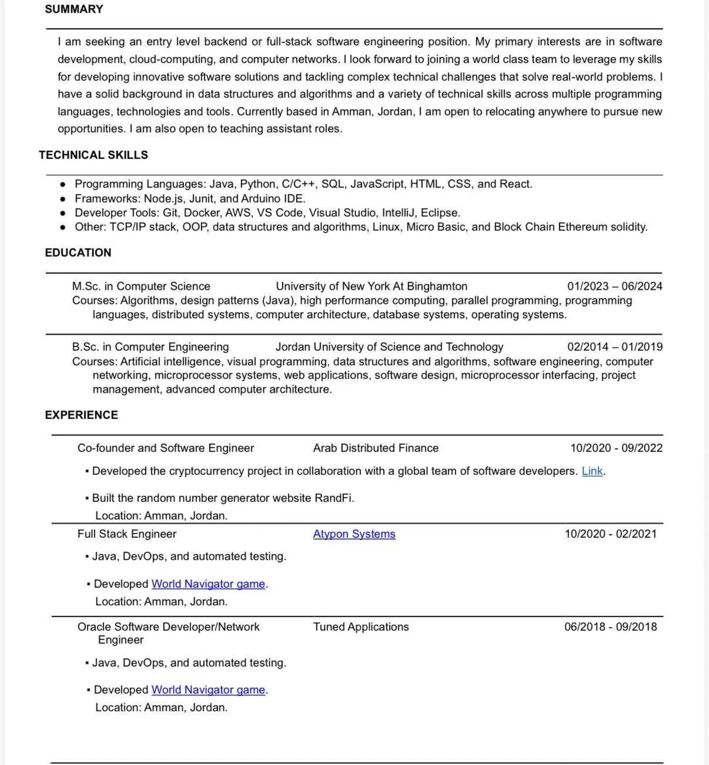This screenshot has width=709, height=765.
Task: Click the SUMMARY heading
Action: coord(74,9)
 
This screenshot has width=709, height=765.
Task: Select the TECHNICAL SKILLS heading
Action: coord(93,155)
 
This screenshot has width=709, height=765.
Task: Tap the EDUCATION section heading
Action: coord(78,252)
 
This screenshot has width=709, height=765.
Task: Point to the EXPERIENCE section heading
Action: coord(82,415)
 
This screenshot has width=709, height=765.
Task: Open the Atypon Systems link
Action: coord(354,534)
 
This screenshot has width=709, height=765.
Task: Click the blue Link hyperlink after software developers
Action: coord(592,471)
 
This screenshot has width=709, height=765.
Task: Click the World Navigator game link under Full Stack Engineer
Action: coord(208,584)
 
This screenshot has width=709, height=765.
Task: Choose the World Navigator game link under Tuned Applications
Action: coord(208,690)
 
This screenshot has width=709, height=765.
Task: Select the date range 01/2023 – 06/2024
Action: coord(614,286)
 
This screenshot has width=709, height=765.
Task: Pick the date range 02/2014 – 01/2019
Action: coord(614,347)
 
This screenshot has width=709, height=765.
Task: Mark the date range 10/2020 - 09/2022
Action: coord(616,448)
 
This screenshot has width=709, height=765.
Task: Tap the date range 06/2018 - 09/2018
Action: coord(610,627)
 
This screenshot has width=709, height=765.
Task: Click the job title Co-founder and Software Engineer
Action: coord(165,448)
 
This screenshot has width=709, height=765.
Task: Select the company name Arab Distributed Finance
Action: coord(376,448)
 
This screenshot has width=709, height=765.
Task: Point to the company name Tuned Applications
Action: coord(361,627)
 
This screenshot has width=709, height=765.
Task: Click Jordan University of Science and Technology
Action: coord(389,347)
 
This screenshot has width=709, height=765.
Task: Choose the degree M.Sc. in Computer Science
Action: coord(141,286)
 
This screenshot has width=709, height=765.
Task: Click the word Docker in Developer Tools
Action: coord(201,213)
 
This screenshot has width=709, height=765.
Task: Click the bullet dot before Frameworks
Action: coord(63,199)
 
